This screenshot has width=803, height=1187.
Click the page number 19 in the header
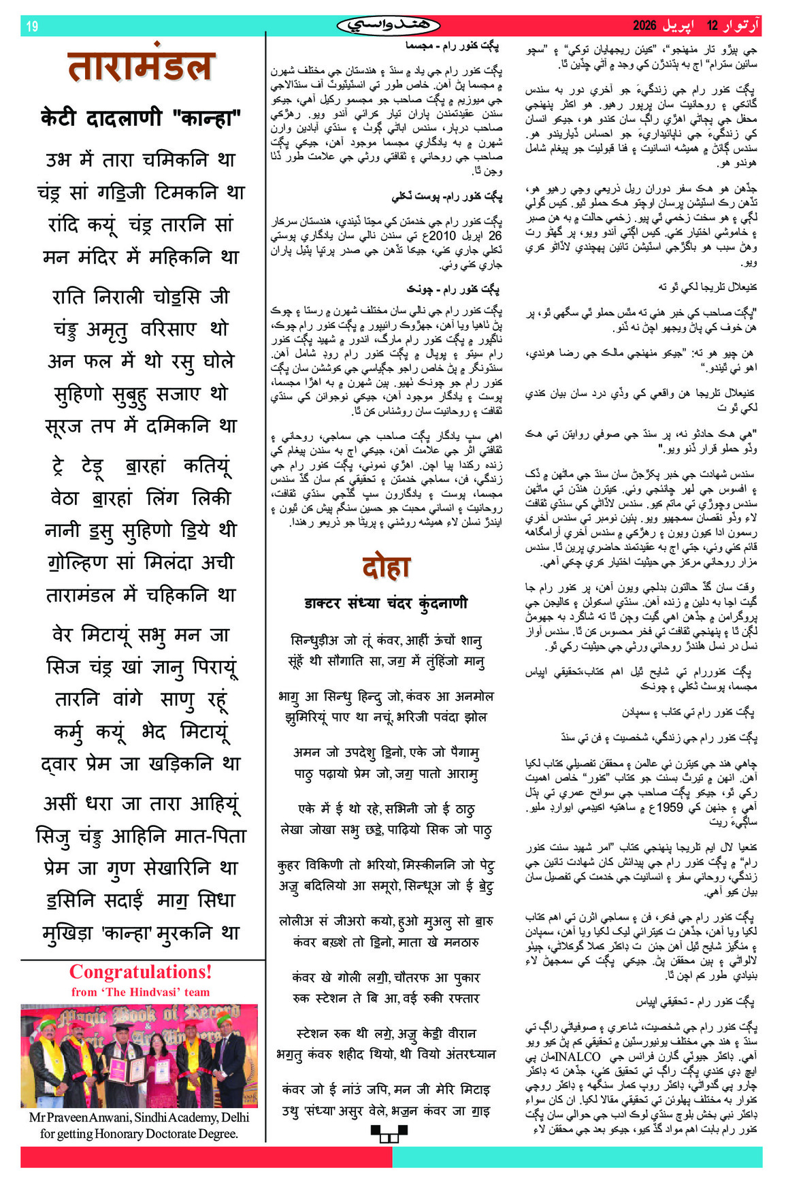click(x=32, y=27)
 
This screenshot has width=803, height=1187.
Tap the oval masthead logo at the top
click(x=389, y=25)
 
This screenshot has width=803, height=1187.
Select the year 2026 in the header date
click(x=644, y=26)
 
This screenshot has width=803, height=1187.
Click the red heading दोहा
click(x=386, y=568)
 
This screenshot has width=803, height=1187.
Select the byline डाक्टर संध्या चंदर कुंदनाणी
click(x=386, y=603)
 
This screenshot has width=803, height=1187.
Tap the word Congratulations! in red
click(x=141, y=972)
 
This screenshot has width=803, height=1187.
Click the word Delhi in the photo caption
click(x=233, y=1118)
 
